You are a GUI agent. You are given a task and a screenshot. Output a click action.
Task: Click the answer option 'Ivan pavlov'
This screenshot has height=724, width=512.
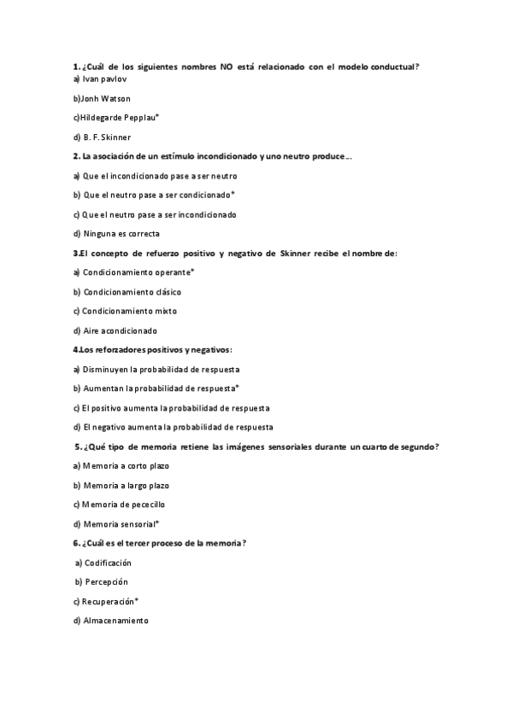[97, 79]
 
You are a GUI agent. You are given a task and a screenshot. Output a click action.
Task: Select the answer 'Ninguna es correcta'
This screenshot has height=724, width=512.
[121, 233]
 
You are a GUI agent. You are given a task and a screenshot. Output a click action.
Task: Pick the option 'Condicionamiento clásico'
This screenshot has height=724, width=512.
[132, 292]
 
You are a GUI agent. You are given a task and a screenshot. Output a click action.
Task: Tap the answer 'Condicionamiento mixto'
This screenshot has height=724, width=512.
[130, 311]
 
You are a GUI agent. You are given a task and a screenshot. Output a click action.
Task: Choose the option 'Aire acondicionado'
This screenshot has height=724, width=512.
[121, 330]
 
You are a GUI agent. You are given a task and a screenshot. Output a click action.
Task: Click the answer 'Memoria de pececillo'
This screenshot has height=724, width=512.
[124, 505]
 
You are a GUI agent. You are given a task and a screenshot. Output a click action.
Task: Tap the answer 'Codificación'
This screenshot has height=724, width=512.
[108, 563]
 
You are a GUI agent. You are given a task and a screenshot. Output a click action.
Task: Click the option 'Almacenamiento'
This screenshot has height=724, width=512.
[115, 621]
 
